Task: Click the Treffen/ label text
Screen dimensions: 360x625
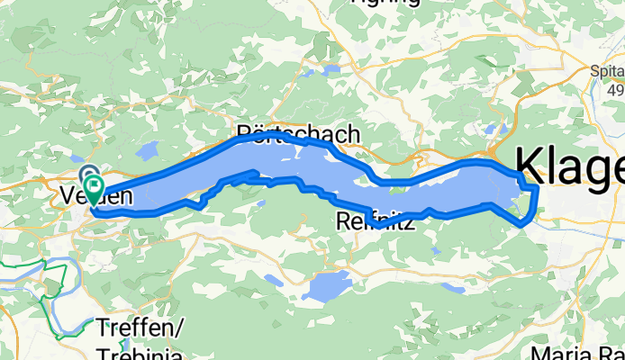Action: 140,329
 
